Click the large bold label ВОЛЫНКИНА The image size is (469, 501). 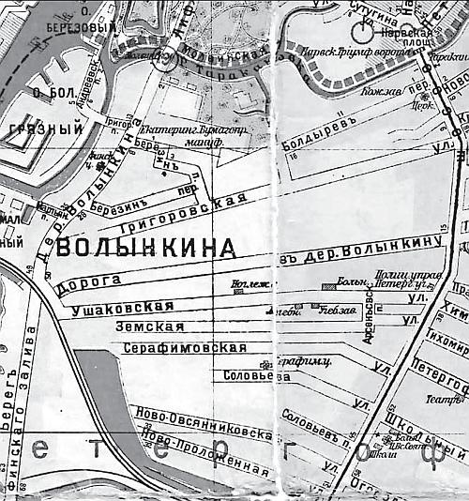click(144, 249)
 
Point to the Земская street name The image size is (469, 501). click(146, 326)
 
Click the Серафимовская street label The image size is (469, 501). click(185, 347)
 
